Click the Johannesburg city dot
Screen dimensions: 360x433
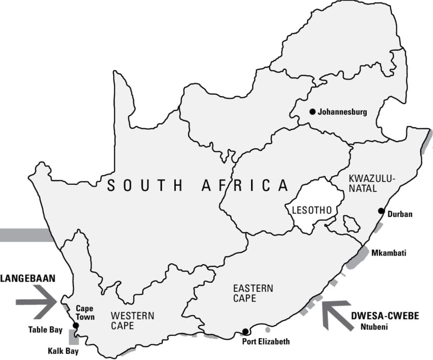[x=312, y=112]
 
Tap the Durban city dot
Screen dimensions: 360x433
[x=381, y=211]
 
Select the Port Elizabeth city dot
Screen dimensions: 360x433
[x=245, y=331]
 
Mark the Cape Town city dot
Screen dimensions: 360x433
[x=76, y=325]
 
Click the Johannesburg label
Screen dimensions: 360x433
[x=342, y=112]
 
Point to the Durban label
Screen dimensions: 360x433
[x=399, y=214]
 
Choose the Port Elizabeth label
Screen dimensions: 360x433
[x=266, y=342]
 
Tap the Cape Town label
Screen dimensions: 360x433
[x=85, y=313]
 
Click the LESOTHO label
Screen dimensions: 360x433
[x=312, y=210]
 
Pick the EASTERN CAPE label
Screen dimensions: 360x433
[x=253, y=293]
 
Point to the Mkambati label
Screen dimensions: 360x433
[x=389, y=253]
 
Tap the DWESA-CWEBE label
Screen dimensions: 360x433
[x=385, y=316]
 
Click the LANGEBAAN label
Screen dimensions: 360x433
[x=28, y=279]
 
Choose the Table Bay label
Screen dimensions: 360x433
[x=45, y=330]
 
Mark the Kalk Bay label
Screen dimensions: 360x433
[x=63, y=351]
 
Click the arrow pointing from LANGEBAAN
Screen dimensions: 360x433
[x=38, y=301]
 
